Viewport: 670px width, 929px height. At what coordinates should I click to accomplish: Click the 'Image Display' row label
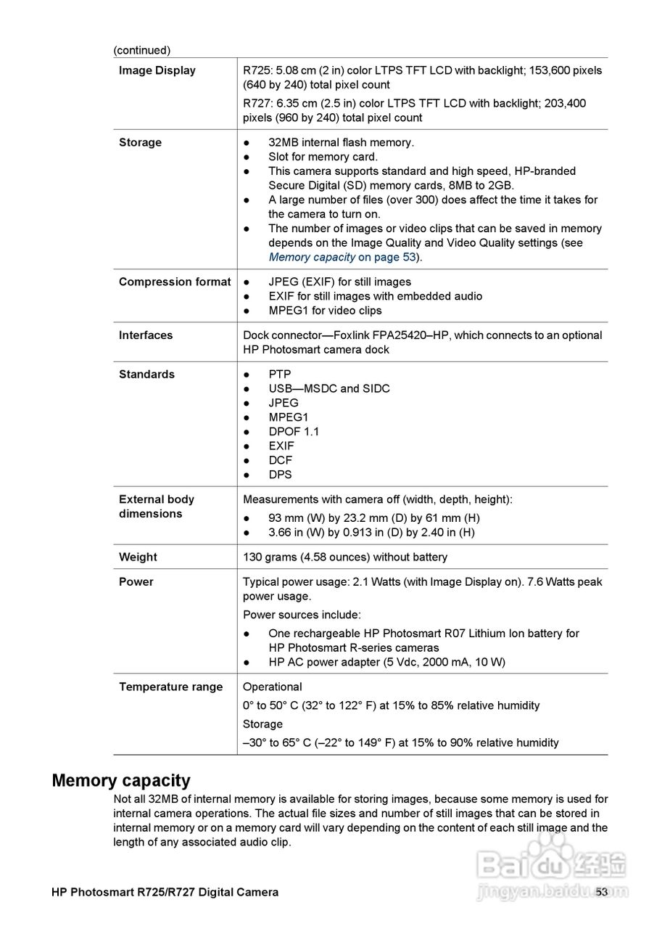pos(157,70)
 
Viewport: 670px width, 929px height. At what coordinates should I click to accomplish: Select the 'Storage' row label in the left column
pos(140,142)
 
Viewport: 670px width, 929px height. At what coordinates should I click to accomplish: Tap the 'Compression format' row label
pos(174,282)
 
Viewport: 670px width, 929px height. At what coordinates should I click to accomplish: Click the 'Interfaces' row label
pos(146,335)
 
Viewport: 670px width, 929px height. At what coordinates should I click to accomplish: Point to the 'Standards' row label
pos(146,375)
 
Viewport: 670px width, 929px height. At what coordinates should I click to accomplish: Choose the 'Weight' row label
pos(138,557)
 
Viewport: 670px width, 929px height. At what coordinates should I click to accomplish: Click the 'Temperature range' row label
pos(170,687)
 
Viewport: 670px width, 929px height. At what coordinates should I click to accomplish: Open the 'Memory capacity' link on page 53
pos(312,257)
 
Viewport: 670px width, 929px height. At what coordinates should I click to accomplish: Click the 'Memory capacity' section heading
pos(121,781)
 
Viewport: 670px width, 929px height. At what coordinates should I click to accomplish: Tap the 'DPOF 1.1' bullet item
pos(293,432)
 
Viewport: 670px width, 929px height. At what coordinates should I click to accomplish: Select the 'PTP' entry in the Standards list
pos(279,375)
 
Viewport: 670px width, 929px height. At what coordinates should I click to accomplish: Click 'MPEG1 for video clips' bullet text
pos(325,311)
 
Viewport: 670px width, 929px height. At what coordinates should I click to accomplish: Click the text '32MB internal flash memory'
pos(341,142)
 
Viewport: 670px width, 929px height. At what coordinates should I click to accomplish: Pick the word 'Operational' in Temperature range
pos(272,687)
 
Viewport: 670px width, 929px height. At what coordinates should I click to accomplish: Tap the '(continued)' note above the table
pos(141,50)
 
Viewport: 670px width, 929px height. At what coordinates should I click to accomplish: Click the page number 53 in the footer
pos(601,892)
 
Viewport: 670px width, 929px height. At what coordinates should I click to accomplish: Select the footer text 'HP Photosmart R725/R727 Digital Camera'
pos(165,892)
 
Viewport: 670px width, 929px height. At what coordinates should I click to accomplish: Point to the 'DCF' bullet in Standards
pos(280,460)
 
